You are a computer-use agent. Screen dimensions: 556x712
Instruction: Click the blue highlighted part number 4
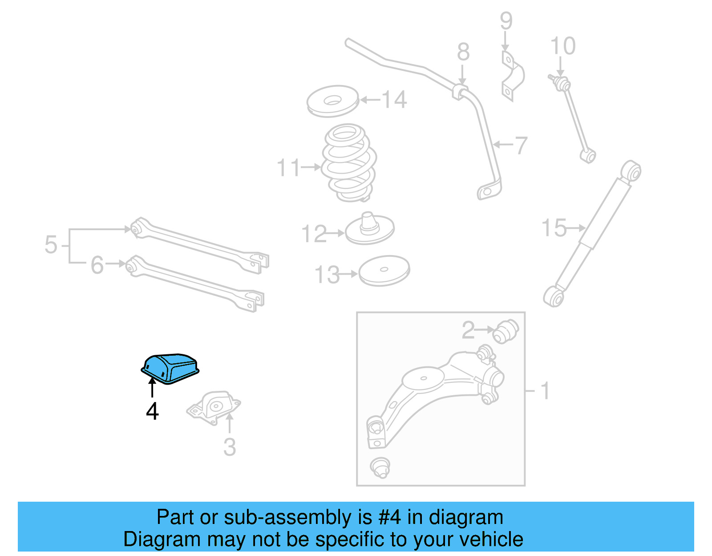pyautogui.click(x=170, y=368)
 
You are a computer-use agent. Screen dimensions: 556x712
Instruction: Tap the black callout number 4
pyautogui.click(x=152, y=411)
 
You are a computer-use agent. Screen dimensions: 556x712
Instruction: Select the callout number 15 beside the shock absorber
pyautogui.click(x=554, y=228)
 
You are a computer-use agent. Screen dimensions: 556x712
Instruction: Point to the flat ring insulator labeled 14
pyautogui.click(x=332, y=101)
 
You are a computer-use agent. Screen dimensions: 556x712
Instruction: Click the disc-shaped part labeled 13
pyautogui.click(x=384, y=270)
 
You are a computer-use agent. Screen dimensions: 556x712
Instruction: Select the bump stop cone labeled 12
pyautogui.click(x=369, y=228)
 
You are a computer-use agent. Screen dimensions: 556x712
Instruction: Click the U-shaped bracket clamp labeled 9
pyautogui.click(x=513, y=76)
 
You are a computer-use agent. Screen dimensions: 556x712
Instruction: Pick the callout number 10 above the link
pyautogui.click(x=563, y=46)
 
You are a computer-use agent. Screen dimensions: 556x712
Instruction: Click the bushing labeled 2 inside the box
pyautogui.click(x=506, y=331)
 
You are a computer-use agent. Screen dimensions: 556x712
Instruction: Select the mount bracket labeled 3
pyautogui.click(x=214, y=406)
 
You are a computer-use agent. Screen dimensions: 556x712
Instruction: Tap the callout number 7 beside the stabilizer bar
pyautogui.click(x=521, y=145)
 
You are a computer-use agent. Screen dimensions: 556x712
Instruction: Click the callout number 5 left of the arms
pyautogui.click(x=51, y=245)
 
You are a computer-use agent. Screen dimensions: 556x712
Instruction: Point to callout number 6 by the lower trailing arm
pyautogui.click(x=97, y=265)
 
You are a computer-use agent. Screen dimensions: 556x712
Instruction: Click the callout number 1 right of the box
pyautogui.click(x=545, y=391)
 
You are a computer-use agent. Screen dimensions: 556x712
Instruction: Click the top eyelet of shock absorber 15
pyautogui.click(x=631, y=171)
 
